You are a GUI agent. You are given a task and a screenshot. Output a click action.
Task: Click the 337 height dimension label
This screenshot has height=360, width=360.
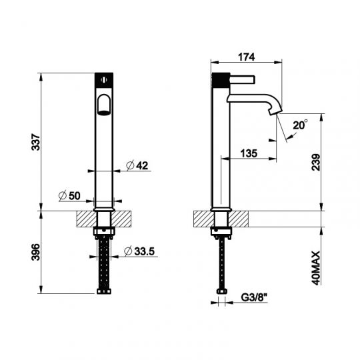coord(35,142)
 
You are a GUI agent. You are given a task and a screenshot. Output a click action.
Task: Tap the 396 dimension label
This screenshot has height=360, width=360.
coord(35,252)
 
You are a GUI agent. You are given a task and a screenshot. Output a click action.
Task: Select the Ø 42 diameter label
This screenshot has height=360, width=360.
coord(137,165)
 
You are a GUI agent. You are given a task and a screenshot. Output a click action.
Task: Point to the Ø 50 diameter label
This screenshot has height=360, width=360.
coord(69,196)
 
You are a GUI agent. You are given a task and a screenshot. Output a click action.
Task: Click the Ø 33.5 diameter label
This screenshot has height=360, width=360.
coord(139,251)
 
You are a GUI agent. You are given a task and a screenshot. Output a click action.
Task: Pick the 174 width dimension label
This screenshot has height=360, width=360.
coord(247,57)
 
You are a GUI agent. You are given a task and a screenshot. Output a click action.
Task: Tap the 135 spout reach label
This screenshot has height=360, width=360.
coord(249,153)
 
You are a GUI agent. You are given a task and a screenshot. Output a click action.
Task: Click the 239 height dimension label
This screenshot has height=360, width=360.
coord(316,162)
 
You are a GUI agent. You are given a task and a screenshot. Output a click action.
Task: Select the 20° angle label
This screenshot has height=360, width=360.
coord(300,125)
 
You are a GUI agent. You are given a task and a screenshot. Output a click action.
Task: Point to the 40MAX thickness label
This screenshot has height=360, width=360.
coord(316,268)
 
